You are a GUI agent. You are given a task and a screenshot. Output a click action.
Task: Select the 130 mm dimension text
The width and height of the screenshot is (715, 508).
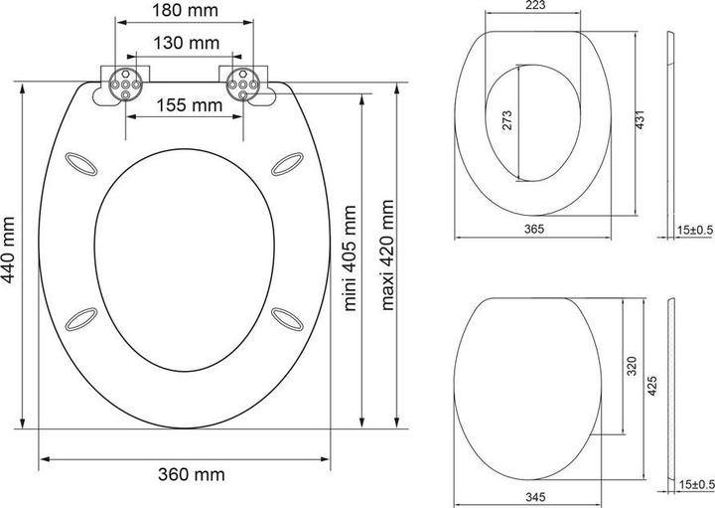pos(186,43)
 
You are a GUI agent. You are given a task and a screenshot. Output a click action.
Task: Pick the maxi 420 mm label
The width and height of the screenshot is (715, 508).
pos(387,254)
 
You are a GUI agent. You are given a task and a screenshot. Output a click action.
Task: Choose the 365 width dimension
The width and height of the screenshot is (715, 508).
pos(534,230)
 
